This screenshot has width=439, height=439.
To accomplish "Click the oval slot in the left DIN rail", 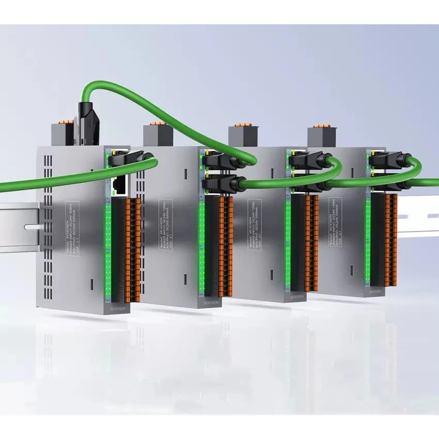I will (30, 226).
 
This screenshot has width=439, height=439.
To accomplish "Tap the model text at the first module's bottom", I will (118, 307).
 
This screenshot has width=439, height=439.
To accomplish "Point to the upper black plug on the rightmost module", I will (385, 158).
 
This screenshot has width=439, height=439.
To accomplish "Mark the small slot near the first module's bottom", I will (91, 284).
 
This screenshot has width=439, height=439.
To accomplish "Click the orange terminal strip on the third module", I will (310, 240).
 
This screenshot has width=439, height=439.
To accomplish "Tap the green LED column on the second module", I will (201, 248).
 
